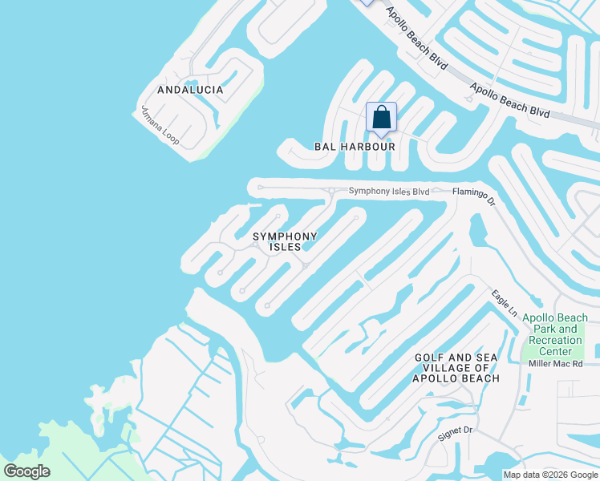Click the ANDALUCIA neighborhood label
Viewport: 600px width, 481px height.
pyautogui.click(x=190, y=90)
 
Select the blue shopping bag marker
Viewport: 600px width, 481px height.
pyautogui.click(x=381, y=117)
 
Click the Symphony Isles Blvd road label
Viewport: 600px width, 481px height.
pyautogui.click(x=389, y=192)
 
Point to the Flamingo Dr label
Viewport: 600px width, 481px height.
pyautogui.click(x=474, y=198)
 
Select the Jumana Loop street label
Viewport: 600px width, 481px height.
pyautogui.click(x=160, y=126)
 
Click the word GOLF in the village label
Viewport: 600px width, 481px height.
pyautogui.click(x=430, y=358)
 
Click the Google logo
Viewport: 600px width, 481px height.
pyautogui.click(x=26, y=471)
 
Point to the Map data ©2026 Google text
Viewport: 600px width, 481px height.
pyautogui.click(x=550, y=475)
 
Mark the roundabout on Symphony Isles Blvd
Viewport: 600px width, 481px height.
pyautogui.click(x=331, y=191)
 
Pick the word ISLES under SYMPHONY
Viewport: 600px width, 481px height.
pyautogui.click(x=285, y=247)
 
